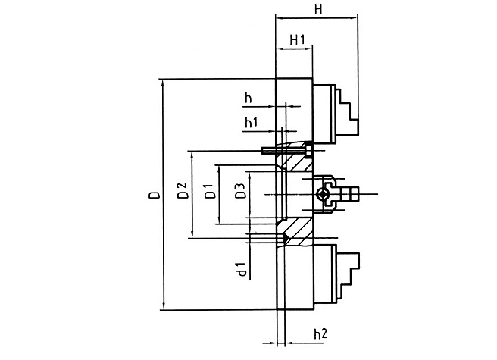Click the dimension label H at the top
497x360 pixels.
[318, 10]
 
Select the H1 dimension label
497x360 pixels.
[297, 40]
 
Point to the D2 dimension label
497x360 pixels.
[183, 191]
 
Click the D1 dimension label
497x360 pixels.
[210, 191]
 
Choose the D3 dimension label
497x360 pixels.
[241, 191]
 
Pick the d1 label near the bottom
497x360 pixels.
[242, 269]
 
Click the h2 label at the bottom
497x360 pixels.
[320, 333]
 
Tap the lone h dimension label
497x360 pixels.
[248, 98]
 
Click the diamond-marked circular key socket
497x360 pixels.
[323, 194]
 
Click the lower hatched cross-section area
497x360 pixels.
[296, 232]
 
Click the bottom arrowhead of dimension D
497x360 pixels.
[163, 305]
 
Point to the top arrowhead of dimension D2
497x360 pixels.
[192, 155]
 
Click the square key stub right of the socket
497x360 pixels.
[349, 194]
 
